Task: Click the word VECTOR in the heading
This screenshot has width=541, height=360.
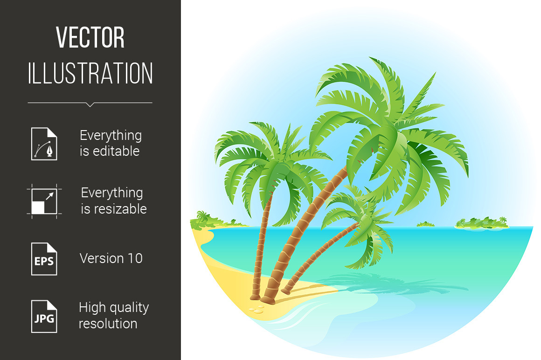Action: (90, 37)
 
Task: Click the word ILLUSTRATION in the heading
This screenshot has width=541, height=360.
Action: (90, 73)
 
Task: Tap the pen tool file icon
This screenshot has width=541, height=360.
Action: (44, 144)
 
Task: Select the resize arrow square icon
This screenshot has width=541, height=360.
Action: (44, 201)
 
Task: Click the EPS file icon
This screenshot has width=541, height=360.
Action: (44, 259)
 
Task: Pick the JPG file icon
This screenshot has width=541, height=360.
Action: (44, 317)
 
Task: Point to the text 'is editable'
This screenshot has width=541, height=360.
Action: (110, 152)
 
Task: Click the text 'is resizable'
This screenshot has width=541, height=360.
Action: (114, 209)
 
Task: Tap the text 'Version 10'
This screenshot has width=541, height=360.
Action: (111, 258)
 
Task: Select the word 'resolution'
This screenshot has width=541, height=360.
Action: (108, 324)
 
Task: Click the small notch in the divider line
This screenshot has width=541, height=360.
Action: (90, 104)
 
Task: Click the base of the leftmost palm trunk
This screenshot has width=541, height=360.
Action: (255, 296)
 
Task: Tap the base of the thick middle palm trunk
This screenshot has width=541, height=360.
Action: (268, 300)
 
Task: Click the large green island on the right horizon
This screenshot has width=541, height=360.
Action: (482, 224)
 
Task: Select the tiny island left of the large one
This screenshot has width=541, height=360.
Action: (425, 224)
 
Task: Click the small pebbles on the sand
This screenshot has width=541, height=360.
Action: (257, 310)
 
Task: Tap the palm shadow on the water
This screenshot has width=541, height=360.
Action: (390, 283)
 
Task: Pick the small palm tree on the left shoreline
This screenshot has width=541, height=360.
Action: (202, 218)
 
